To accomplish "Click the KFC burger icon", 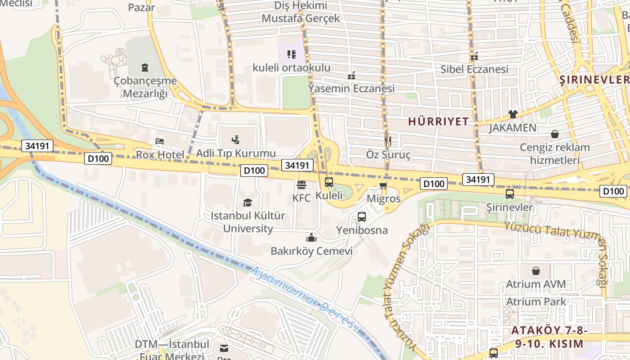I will tap(301, 185).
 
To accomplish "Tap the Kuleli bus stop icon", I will tap(329, 182).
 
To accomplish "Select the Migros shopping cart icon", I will tap(383, 186).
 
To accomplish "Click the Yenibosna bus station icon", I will tap(362, 217).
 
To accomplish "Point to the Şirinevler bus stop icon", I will tap(510, 194).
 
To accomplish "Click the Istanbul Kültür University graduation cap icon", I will tap(247, 202).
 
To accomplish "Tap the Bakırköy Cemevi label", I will tap(311, 251).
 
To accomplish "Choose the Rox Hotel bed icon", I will tap(160, 141).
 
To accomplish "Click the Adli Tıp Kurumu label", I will tap(236, 153).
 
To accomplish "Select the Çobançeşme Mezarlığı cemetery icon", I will tap(145, 68).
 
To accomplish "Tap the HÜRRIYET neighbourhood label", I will tap(438, 121).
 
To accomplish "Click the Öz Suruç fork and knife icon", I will tap(388, 141).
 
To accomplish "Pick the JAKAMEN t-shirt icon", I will tap(513, 114).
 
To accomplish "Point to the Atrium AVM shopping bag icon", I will tap(536, 271).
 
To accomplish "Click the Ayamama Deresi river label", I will tap(306, 297).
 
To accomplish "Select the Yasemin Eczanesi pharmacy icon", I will tap(351, 75).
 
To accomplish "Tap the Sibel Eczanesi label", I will tap(474, 69).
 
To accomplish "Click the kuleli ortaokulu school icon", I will tap(292, 54).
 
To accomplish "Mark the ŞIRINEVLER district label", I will tap(594, 80).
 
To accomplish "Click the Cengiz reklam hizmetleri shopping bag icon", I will tap(555, 134).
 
